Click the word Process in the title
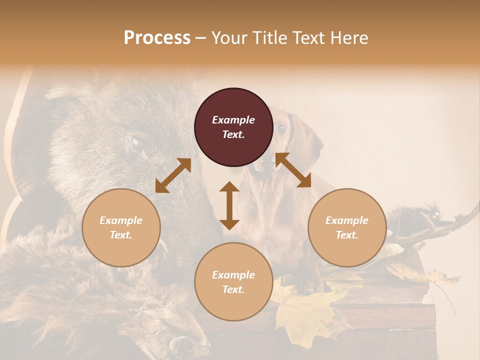(x=157, y=38)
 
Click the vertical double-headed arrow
(x=229, y=205)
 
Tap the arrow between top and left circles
(x=173, y=175)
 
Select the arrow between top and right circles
(x=293, y=170)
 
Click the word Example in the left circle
(x=121, y=220)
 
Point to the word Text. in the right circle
(x=347, y=235)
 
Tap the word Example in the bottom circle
(x=233, y=275)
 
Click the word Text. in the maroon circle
(x=233, y=134)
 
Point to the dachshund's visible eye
(x=281, y=129)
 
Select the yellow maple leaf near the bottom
(x=305, y=310)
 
